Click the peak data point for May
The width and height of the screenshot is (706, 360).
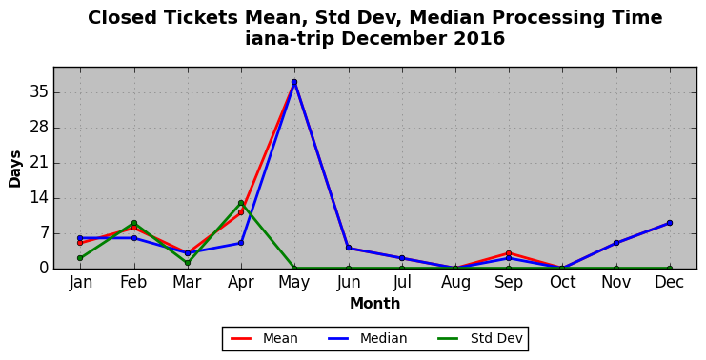click(294, 82)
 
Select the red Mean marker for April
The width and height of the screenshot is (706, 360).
click(241, 212)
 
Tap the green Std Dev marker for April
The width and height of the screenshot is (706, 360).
click(241, 203)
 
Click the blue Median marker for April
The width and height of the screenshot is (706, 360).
click(241, 243)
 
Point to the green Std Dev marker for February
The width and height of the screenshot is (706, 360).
click(134, 223)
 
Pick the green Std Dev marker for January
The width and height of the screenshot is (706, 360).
click(80, 258)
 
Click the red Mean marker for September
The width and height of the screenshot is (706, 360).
click(509, 253)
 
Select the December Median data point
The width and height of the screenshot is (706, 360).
click(670, 223)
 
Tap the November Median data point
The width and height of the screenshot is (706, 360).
click(616, 243)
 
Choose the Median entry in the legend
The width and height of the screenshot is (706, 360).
click(367, 338)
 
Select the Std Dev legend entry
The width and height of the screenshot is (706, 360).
click(479, 338)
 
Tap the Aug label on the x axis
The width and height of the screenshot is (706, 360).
click(455, 283)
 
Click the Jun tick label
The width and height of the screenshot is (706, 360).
click(349, 283)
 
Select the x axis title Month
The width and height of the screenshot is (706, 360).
click(375, 303)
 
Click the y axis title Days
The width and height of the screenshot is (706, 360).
click(15, 169)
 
